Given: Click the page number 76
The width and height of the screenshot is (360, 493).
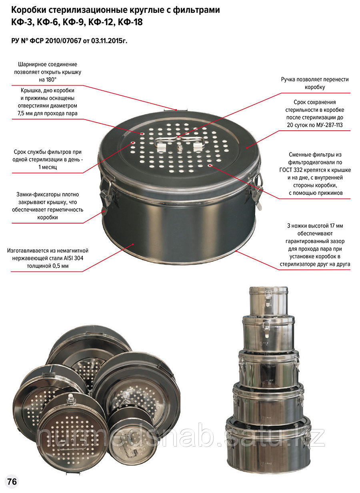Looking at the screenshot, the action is coord(12,481).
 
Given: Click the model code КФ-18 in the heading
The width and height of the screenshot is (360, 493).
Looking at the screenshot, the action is coord(130,22).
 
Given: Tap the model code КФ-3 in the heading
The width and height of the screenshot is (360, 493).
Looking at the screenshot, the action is coord(22,22).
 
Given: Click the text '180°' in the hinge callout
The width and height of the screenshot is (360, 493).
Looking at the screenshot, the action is coord(51,80).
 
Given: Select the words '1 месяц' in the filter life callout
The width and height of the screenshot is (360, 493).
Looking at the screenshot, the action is coord(48,167).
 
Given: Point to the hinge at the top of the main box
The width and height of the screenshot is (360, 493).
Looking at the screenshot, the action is coord(176,110).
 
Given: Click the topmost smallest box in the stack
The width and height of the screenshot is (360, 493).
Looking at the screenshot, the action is coord(269,301).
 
